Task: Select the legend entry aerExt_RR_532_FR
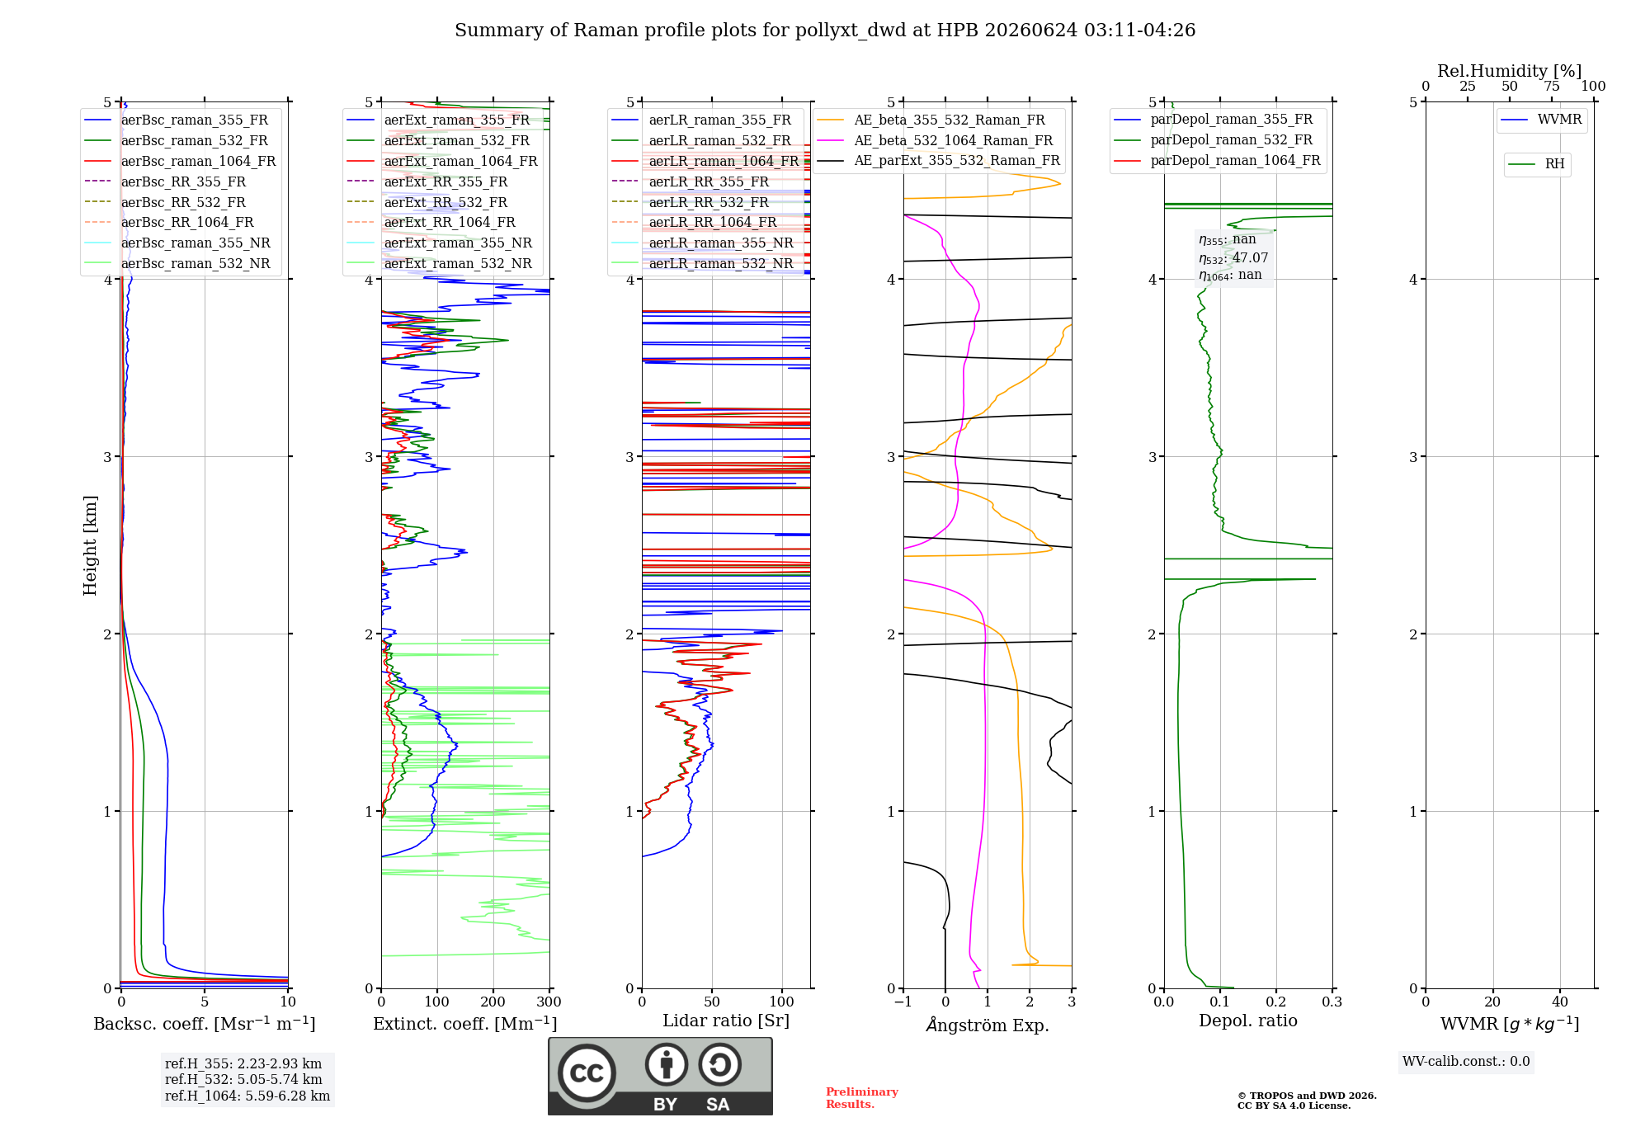point(427,202)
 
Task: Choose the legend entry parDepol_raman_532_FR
point(1214,140)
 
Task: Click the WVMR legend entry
point(1542,120)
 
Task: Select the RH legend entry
point(1537,164)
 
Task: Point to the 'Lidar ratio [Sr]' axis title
point(726,1021)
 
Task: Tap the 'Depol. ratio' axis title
point(1248,1021)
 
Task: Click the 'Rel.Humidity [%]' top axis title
point(1510,71)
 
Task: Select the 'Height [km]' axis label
point(90,545)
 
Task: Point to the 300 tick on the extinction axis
point(549,1002)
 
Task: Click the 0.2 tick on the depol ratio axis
point(1276,1002)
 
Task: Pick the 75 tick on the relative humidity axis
point(1552,87)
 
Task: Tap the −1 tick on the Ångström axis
point(903,1002)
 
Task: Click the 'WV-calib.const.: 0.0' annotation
point(1466,1062)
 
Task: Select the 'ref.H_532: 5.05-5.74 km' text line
point(243,1079)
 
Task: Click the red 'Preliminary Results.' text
point(862,1098)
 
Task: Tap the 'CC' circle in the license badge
point(587,1073)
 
